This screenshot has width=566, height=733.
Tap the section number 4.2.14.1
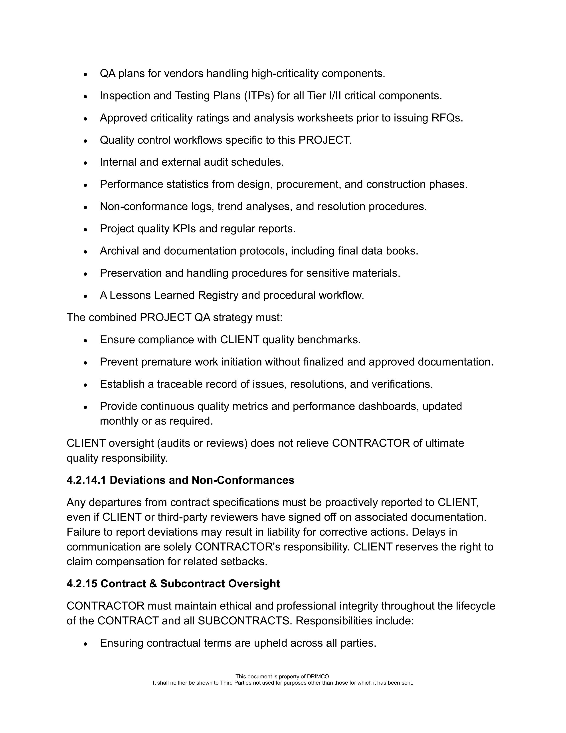pos(86,480)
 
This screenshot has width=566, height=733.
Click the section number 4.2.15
pos(82,584)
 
